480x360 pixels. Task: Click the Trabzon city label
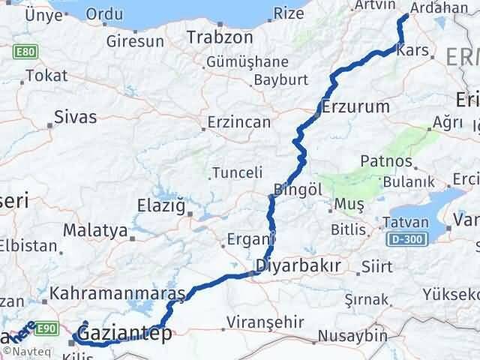[220, 37]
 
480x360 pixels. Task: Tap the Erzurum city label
[356, 106]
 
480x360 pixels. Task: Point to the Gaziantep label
[124, 333]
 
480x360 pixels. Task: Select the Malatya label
[95, 230]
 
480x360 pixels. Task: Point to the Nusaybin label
[348, 335]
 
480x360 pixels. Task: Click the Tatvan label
[406, 222]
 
